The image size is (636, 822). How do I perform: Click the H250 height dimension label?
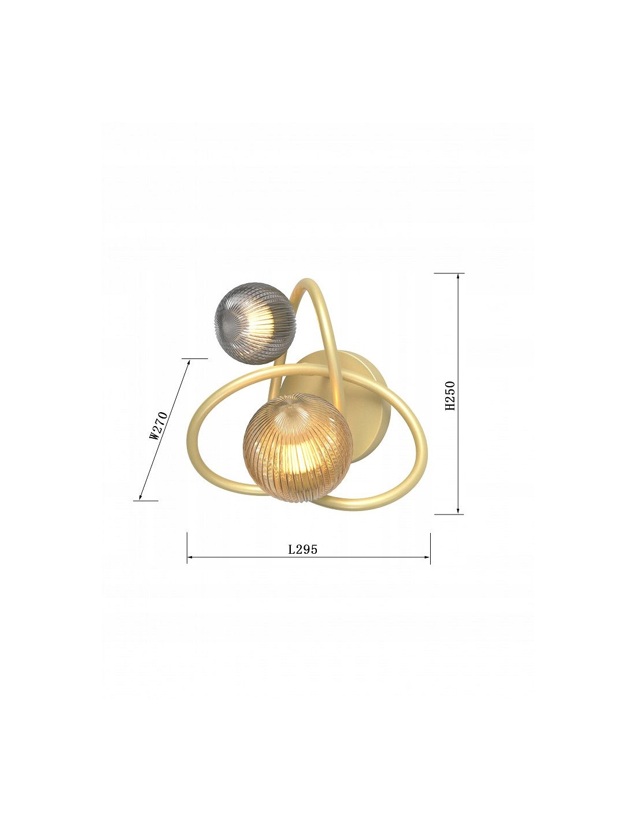click(450, 395)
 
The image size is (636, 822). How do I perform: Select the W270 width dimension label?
click(158, 425)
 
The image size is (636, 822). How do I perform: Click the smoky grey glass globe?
click(254, 323)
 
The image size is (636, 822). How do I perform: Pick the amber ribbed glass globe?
click(298, 447)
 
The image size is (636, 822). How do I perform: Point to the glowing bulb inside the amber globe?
click(299, 458)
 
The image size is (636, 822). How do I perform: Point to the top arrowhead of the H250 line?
click(458, 277)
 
